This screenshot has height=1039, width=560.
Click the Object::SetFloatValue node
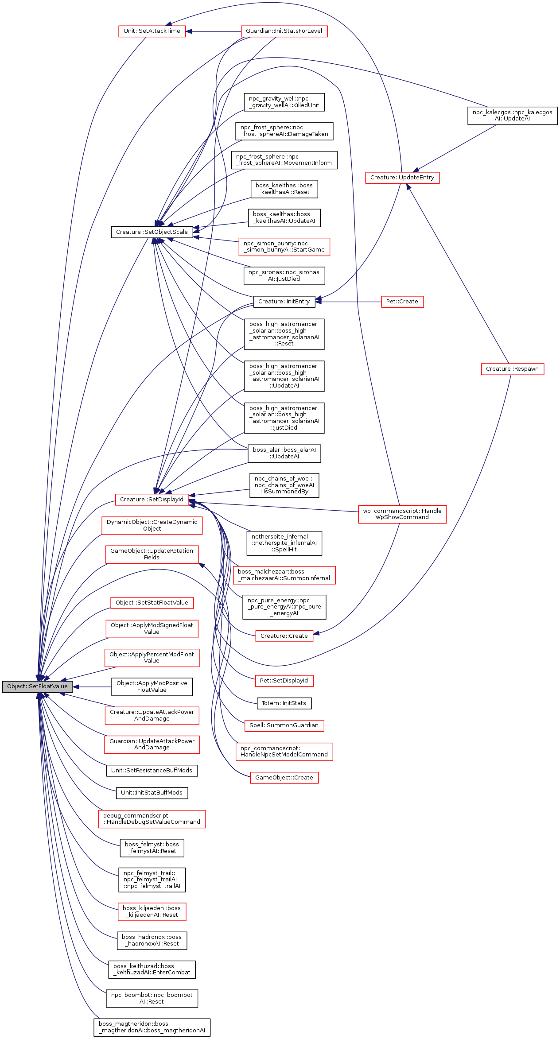(x=37, y=686)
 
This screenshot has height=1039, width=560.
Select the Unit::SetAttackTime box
(x=152, y=31)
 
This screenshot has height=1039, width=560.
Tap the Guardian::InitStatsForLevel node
(x=284, y=31)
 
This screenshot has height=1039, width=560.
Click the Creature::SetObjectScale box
(x=152, y=232)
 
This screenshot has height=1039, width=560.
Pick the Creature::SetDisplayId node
(x=152, y=500)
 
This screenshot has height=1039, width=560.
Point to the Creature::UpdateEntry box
(x=402, y=178)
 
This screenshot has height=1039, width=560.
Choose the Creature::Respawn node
(x=512, y=369)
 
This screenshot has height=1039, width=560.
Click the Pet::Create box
(x=402, y=302)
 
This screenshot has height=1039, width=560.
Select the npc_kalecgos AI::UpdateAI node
(x=512, y=116)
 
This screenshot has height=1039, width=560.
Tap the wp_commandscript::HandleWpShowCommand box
(x=402, y=514)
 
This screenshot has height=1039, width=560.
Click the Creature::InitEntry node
(x=284, y=302)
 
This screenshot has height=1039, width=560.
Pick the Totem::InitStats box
(x=284, y=703)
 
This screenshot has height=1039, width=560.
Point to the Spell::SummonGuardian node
(x=284, y=725)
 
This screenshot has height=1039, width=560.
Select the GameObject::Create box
(x=284, y=778)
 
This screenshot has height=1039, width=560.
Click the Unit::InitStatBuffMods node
(x=152, y=793)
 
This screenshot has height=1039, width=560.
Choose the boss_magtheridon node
(x=152, y=1027)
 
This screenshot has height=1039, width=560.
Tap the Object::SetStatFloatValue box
(x=152, y=603)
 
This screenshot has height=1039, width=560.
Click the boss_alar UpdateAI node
(x=284, y=454)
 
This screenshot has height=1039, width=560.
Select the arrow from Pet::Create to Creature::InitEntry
(x=350, y=302)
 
